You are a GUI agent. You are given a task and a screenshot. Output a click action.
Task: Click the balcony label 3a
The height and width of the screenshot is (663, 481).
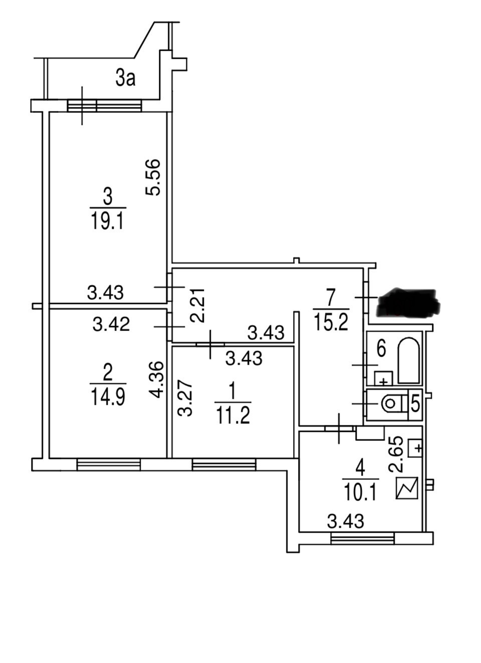[125, 79]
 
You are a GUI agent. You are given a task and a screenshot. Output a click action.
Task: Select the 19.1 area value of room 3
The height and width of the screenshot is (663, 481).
[107, 222]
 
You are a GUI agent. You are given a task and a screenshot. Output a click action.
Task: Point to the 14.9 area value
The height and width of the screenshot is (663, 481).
[108, 398]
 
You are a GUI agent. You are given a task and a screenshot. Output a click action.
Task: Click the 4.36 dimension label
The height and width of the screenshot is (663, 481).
[156, 380]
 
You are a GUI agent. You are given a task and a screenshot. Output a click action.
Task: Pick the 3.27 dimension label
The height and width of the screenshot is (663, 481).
[185, 400]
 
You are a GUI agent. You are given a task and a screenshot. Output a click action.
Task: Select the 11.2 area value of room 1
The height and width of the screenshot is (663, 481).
[233, 415]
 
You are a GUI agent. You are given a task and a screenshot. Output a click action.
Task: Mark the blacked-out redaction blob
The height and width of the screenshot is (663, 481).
[408, 302]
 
